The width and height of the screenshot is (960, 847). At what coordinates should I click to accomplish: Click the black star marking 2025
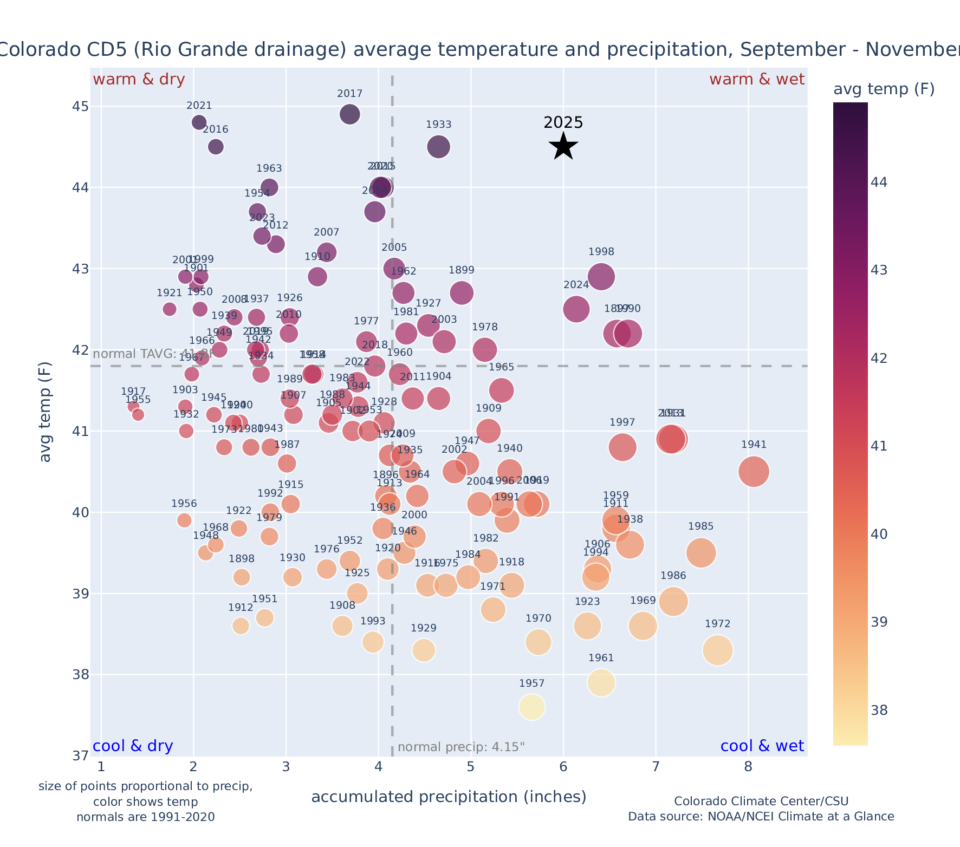tap(563, 146)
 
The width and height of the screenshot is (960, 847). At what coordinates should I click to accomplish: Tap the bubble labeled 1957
tap(531, 707)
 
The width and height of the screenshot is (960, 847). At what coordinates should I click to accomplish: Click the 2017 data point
tap(350, 114)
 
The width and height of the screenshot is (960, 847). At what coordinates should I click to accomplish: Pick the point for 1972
tap(718, 650)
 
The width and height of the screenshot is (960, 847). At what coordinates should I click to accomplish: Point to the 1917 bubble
tap(133, 407)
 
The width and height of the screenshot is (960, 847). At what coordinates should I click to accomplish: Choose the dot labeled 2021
tap(199, 122)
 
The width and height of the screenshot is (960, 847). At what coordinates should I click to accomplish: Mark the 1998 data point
tap(601, 277)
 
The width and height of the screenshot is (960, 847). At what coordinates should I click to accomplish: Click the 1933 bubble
tap(438, 147)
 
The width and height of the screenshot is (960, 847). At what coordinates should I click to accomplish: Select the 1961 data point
tap(601, 683)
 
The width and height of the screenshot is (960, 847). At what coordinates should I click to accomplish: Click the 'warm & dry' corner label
tap(139, 80)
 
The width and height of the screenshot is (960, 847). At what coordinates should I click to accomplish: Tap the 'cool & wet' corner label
tap(762, 746)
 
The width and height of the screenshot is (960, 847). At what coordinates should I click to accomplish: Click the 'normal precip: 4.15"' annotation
tap(461, 747)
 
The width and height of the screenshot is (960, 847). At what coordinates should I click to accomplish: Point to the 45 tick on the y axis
tap(81, 106)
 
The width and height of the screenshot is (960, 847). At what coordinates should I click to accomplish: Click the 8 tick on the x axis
tap(748, 767)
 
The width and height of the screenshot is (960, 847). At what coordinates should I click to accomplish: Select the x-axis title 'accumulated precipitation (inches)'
tap(449, 797)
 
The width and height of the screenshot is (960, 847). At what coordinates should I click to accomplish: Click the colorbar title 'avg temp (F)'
tap(884, 89)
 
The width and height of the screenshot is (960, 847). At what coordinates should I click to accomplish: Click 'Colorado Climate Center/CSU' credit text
tap(761, 801)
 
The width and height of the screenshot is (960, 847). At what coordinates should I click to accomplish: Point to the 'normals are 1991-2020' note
tap(146, 817)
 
